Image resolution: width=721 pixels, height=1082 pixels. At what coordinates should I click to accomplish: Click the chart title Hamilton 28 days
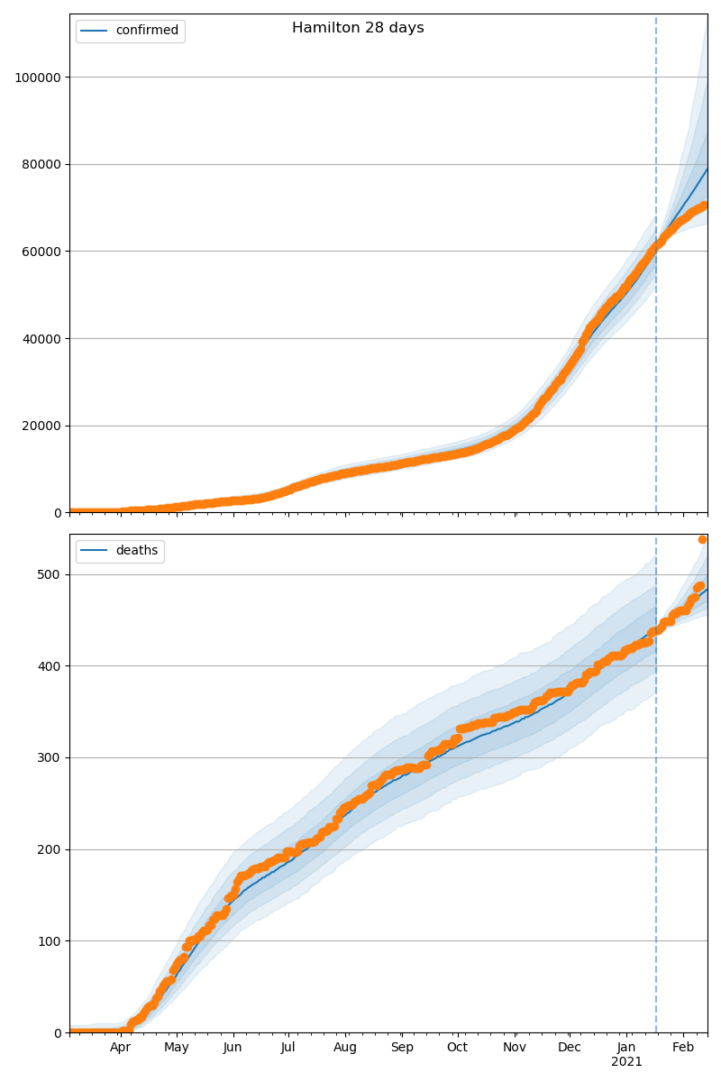tap(358, 28)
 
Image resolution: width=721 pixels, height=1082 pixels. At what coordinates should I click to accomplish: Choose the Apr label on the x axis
tap(121, 1048)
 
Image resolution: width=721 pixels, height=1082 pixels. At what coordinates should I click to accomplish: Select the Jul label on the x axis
tap(287, 1048)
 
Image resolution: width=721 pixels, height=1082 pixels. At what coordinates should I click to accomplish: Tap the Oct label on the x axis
tap(457, 1048)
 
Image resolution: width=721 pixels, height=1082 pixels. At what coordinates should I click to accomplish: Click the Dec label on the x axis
tap(570, 1048)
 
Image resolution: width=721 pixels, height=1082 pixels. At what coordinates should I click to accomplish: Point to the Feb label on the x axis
tap(683, 1048)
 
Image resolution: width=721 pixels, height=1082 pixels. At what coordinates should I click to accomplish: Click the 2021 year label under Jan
tap(626, 1062)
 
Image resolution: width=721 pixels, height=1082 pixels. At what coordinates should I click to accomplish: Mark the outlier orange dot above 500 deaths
tap(702, 539)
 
